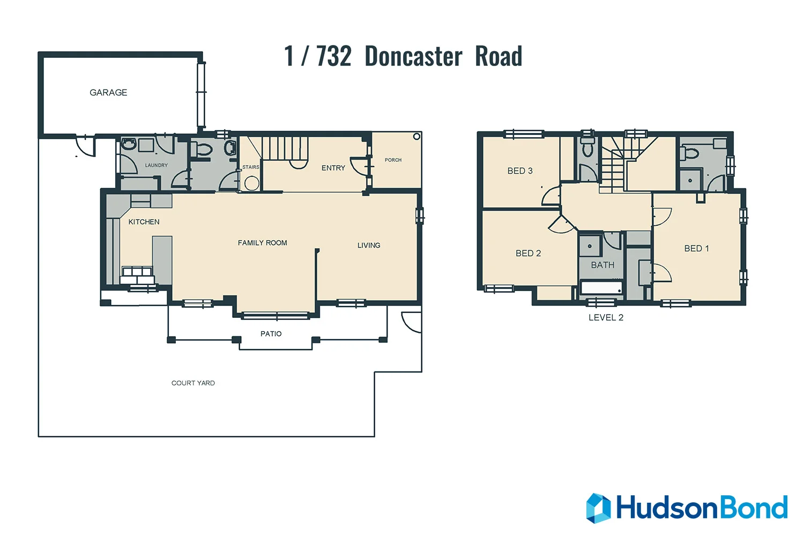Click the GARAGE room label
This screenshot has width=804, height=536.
tap(108, 93)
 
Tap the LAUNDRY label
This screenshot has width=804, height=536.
tap(157, 165)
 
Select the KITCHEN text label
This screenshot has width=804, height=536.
tap(144, 222)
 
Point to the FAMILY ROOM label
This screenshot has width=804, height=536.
tap(262, 243)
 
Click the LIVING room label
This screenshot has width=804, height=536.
tap(369, 245)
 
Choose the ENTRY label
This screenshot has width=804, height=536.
tap(333, 168)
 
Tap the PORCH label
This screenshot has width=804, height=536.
tap(393, 160)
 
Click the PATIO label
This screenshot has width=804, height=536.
tap(271, 334)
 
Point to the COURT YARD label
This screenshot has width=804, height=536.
tap(193, 383)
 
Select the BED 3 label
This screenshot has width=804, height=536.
tap(520, 171)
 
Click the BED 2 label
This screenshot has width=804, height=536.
tap(528, 254)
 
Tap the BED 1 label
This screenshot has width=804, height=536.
tap(696, 249)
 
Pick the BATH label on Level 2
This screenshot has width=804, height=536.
tap(602, 265)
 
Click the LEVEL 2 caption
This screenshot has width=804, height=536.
tap(606, 318)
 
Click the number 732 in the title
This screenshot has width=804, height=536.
tap(333, 56)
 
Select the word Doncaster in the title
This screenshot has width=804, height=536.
tap(413, 56)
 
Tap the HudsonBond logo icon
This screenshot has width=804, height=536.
tap(598, 508)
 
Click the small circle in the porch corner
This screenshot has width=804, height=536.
tap(416, 137)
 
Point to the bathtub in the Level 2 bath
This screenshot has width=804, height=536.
tap(601, 288)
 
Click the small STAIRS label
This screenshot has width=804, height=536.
tap(250, 167)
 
